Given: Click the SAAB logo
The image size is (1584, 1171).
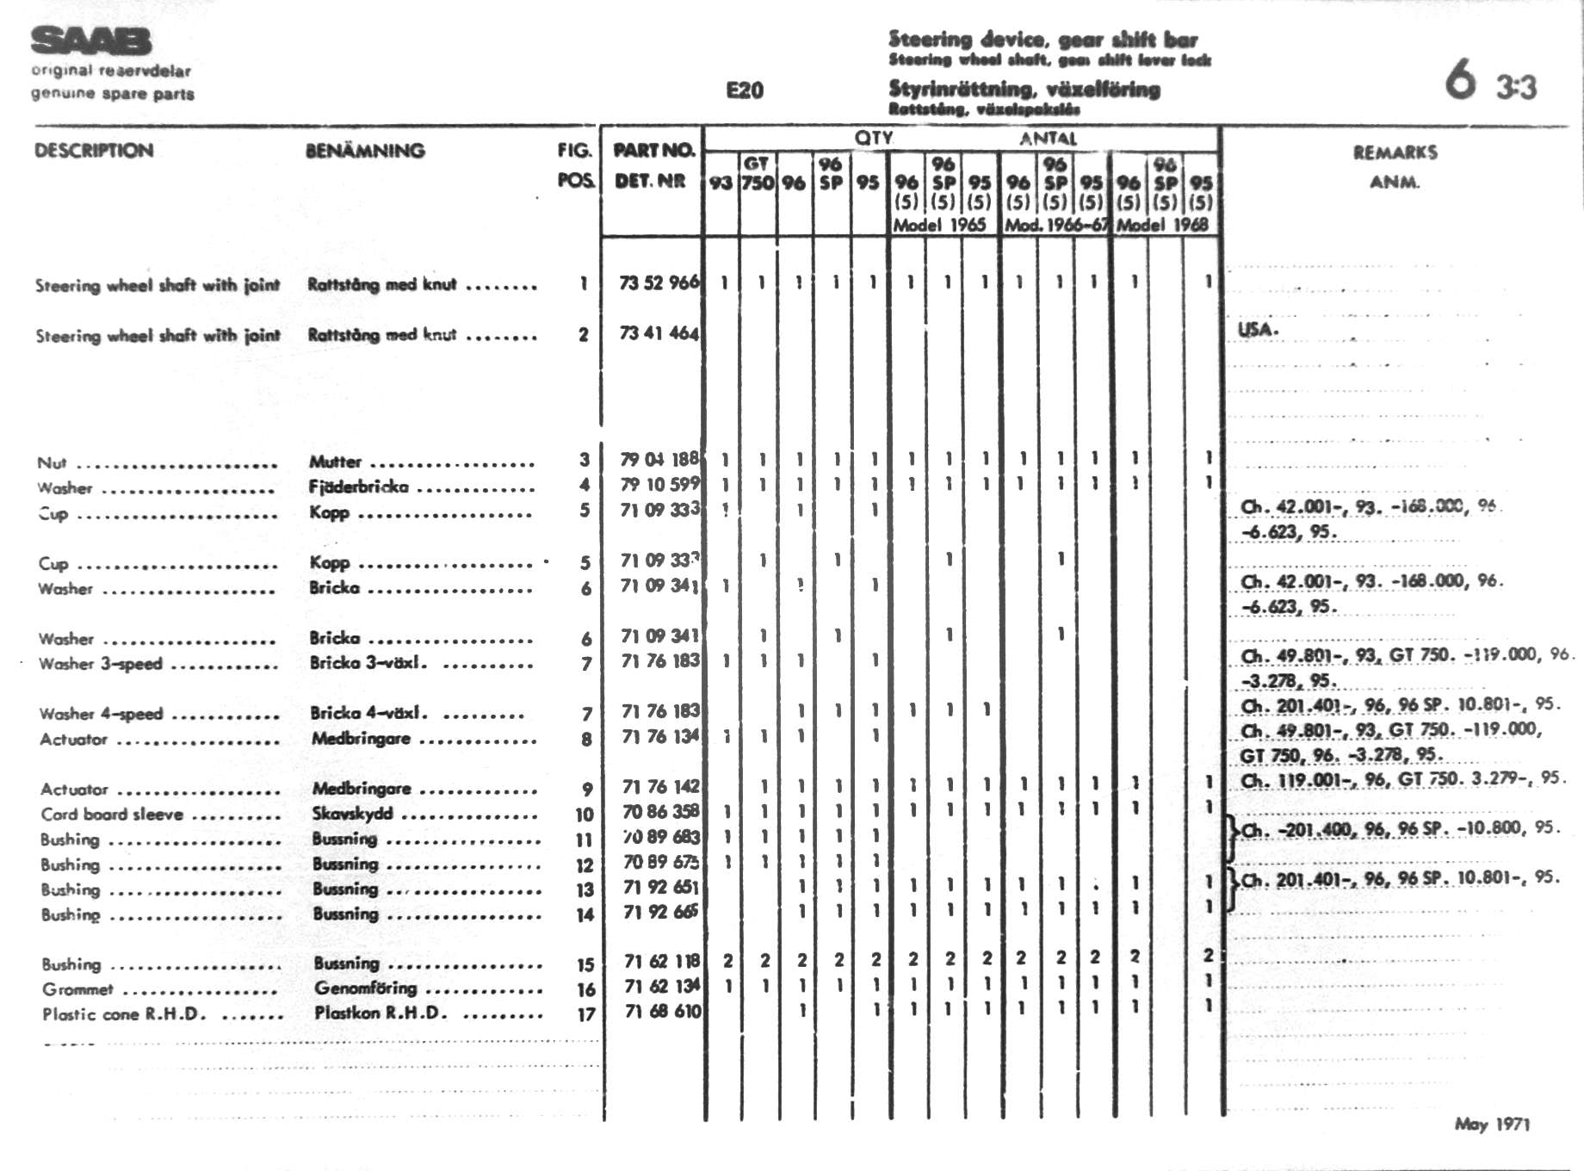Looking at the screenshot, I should point(91,40).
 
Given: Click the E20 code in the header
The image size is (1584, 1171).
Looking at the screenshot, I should point(745,90).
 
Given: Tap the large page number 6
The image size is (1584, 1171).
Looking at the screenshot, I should point(1460,79).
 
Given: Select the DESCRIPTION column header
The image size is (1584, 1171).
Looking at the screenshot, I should point(94,151).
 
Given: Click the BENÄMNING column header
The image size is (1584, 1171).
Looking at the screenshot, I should point(365,151).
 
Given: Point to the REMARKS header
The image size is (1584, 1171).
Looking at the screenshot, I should point(1395,152).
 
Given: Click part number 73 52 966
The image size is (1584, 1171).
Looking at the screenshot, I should point(659,282).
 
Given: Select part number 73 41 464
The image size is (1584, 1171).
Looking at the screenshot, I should point(659,333).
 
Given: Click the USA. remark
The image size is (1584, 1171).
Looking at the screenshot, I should point(1258,329).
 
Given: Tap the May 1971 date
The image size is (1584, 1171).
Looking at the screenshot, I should point(1492,1124).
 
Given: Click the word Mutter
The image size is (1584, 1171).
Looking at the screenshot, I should point(336,462).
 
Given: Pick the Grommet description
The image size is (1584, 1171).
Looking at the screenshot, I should point(77,989).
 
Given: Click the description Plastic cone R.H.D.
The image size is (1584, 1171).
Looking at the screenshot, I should point(124,1014).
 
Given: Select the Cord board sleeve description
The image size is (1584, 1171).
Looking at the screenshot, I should point(112,815).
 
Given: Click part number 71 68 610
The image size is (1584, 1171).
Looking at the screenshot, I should point(662,1012).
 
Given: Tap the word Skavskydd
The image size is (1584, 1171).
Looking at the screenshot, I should point(352,814).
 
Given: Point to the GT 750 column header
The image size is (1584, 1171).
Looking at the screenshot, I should point(758,173).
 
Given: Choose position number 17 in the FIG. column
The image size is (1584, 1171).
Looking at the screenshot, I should point(585,1015).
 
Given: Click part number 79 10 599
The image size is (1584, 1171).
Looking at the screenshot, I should point(659,485).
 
